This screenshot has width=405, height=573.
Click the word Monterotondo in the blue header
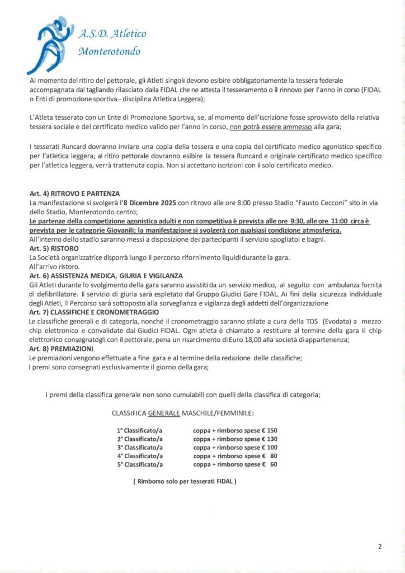(x=110, y=53)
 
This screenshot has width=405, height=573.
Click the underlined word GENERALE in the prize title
(x=164, y=414)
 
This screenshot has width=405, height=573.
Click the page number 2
(x=379, y=547)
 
